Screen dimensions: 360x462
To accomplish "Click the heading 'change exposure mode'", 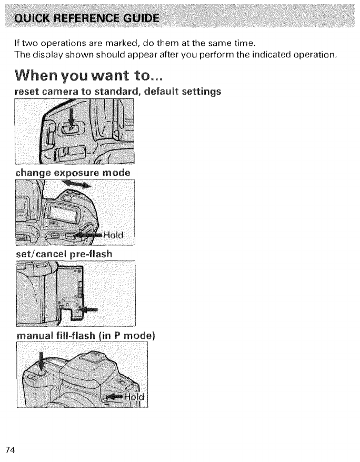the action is coord(73,172).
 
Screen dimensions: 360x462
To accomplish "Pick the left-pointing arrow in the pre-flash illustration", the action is coord(90,309).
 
